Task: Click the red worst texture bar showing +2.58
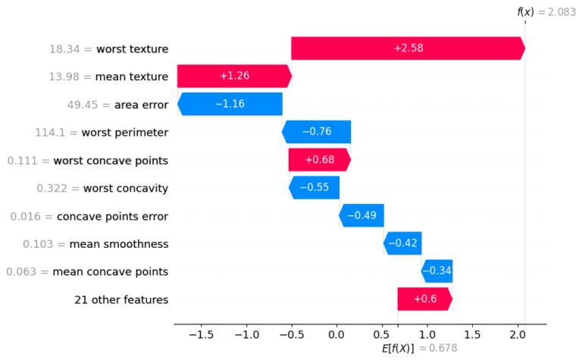pyautogui.click(x=408, y=49)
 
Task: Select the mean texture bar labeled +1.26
pyautogui.click(x=234, y=77)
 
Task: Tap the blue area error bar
pyautogui.click(x=230, y=104)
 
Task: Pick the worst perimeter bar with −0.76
pyautogui.click(x=317, y=132)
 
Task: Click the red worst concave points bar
pyautogui.click(x=319, y=160)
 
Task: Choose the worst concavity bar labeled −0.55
pyautogui.click(x=314, y=187)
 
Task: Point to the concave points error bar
pyautogui.click(x=361, y=215)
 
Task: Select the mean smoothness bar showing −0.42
pyautogui.click(x=402, y=243)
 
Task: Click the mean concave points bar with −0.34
pyautogui.click(x=436, y=271)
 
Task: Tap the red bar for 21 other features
pyautogui.click(x=424, y=299)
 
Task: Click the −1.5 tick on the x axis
pyautogui.click(x=201, y=334)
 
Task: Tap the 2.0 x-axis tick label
pyautogui.click(x=518, y=334)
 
